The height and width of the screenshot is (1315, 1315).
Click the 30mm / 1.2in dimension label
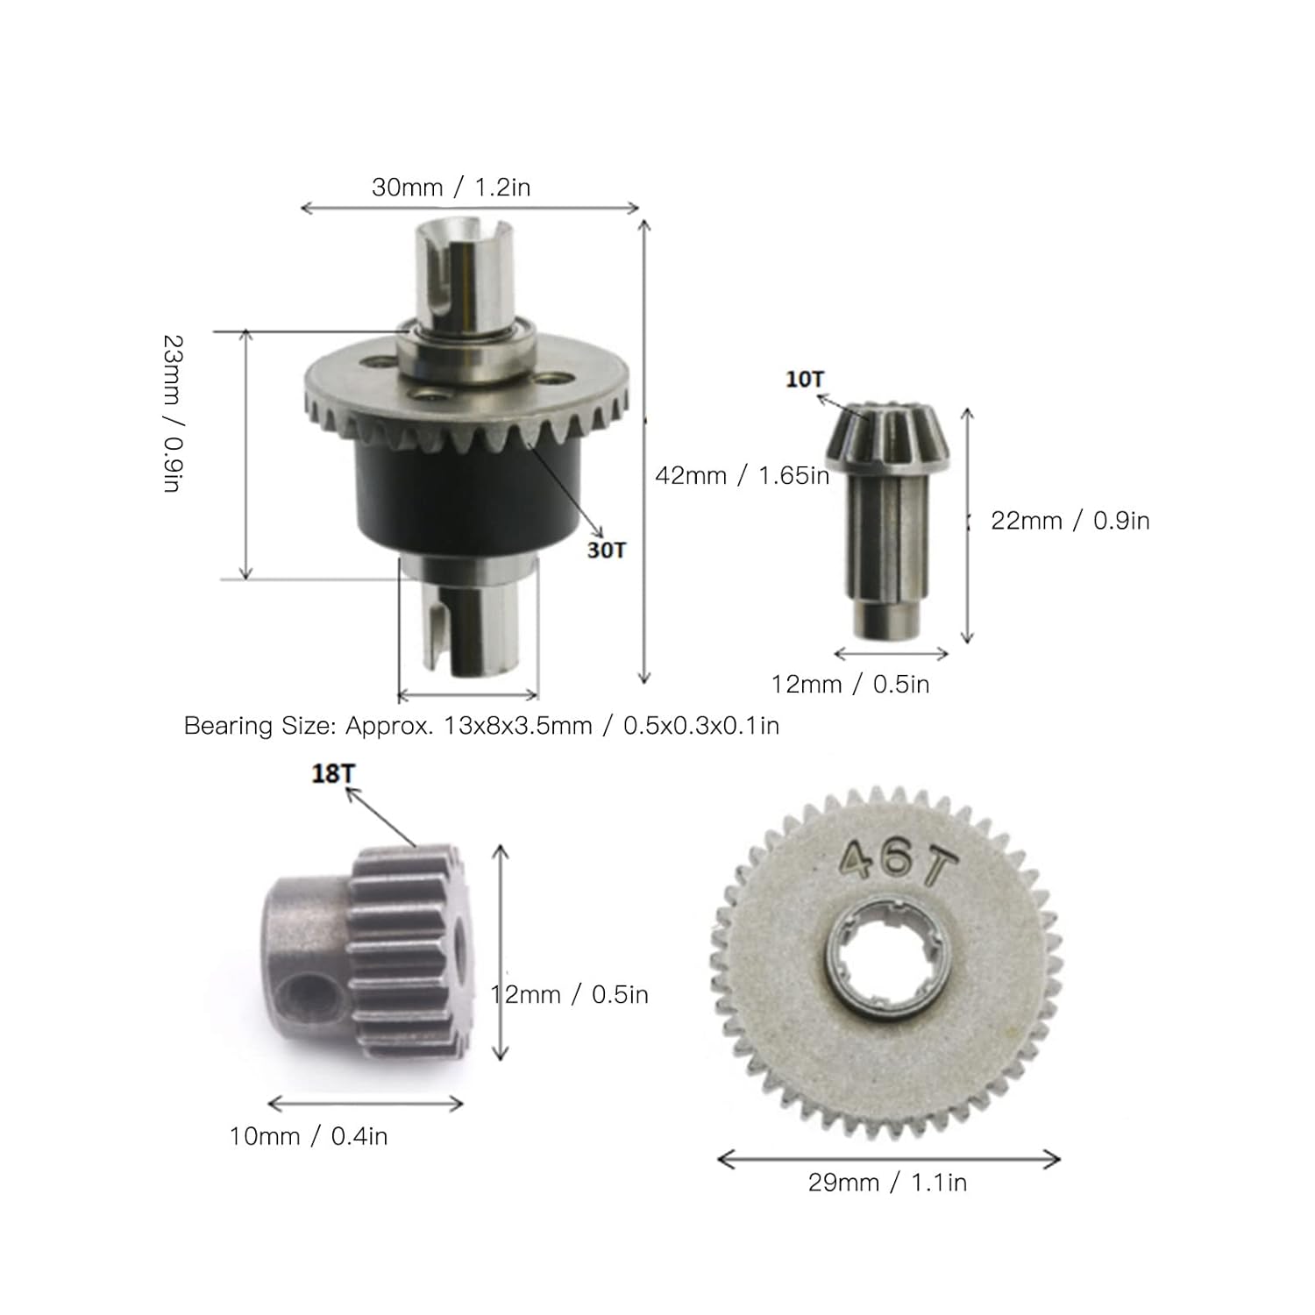tap(451, 187)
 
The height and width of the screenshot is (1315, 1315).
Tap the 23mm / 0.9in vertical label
tap(173, 413)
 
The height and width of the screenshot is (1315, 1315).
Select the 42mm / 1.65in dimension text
tap(742, 475)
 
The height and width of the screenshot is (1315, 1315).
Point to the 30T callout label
tap(607, 550)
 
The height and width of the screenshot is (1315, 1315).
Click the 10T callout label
tap(805, 380)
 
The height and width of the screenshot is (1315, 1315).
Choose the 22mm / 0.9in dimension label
tap(1070, 520)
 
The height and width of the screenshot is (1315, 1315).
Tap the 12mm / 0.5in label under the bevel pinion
tap(850, 684)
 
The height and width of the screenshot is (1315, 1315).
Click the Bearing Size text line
tap(481, 726)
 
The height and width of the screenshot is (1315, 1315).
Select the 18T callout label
tap(334, 774)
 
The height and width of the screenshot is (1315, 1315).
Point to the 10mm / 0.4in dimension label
tap(309, 1136)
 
